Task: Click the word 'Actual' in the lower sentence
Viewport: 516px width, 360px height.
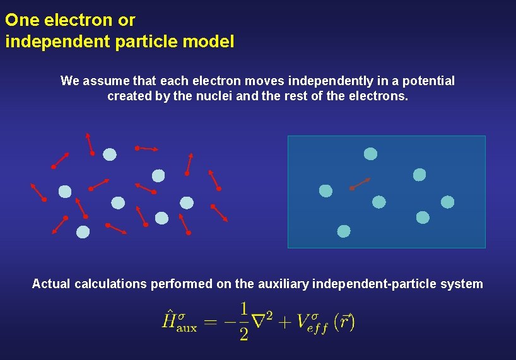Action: [x=51, y=284]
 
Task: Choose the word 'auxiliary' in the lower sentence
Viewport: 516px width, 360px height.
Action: [x=283, y=284]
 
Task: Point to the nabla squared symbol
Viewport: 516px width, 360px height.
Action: [x=262, y=321]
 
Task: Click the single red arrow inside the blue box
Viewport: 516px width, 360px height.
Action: [x=360, y=183]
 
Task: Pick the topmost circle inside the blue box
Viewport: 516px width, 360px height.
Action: [x=371, y=154]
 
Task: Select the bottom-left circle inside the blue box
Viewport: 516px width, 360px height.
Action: [x=343, y=231]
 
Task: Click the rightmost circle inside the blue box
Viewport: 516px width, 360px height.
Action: [x=447, y=202]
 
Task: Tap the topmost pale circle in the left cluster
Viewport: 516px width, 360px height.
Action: [x=110, y=154]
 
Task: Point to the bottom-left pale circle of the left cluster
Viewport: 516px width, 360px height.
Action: [x=83, y=231]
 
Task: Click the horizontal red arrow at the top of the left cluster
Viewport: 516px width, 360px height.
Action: [x=146, y=149]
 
